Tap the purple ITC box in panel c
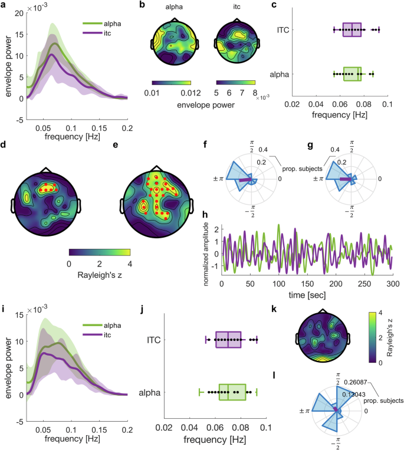click(x=352, y=29)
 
